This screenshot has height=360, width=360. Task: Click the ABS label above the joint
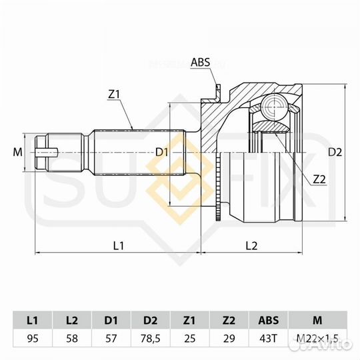pyautogui.click(x=201, y=63)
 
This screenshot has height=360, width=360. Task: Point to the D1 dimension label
pyautogui.click(x=161, y=153)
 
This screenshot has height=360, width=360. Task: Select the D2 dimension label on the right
pyautogui.click(x=337, y=153)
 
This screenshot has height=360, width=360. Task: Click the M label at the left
pyautogui.click(x=17, y=153)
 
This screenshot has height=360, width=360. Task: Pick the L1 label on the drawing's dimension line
pyautogui.click(x=119, y=245)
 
